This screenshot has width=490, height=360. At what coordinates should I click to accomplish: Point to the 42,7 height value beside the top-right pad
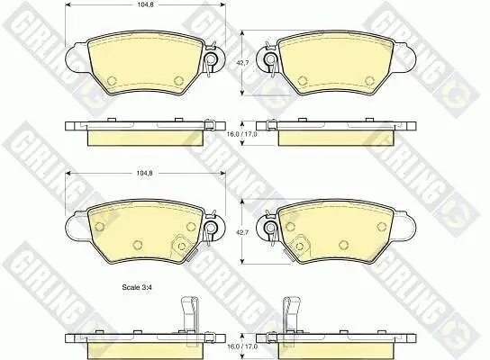click(x=241, y=64)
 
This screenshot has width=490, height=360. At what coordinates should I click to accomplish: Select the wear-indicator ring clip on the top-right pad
click(x=269, y=61)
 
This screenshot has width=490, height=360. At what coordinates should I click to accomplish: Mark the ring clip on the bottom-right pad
click(x=269, y=230)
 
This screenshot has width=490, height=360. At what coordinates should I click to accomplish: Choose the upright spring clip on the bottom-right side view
click(x=291, y=314)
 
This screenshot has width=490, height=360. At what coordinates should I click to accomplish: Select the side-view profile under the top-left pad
click(x=144, y=131)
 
